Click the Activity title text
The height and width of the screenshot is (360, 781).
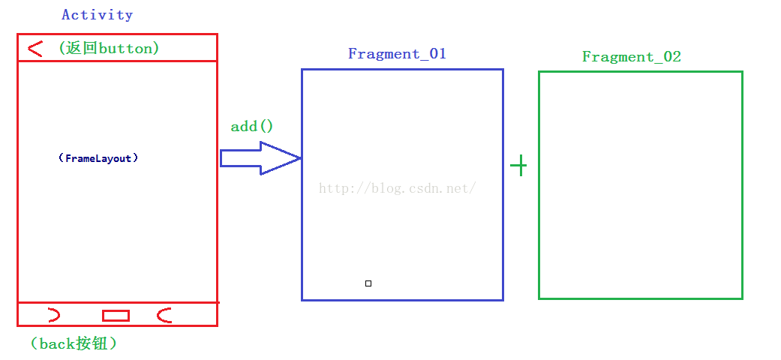pyautogui.click(x=98, y=15)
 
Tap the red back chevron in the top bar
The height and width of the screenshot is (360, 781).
pyautogui.click(x=35, y=49)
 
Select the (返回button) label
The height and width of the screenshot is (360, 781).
pyautogui.click(x=109, y=48)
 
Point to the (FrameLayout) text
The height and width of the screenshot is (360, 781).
pyautogui.click(x=98, y=158)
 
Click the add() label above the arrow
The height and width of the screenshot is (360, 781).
pyautogui.click(x=252, y=126)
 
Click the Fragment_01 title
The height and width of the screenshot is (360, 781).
pyautogui.click(x=397, y=54)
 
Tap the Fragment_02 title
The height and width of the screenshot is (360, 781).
pyautogui.click(x=632, y=57)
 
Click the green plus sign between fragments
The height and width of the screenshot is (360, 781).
pyautogui.click(x=518, y=166)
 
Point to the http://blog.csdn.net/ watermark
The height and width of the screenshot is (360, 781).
pyautogui.click(x=398, y=188)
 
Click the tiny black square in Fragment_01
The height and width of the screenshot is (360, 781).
pyautogui.click(x=368, y=283)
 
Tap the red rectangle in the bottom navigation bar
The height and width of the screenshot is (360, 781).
pyautogui.click(x=116, y=315)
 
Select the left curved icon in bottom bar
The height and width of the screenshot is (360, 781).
pyautogui.click(x=54, y=315)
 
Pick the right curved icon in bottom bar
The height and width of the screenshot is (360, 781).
pyautogui.click(x=164, y=315)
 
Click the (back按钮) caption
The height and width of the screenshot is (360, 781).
pyautogui.click(x=74, y=344)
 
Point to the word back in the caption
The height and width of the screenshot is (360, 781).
pyautogui.click(x=56, y=344)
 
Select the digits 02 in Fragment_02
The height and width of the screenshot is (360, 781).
pyautogui.click(x=672, y=57)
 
